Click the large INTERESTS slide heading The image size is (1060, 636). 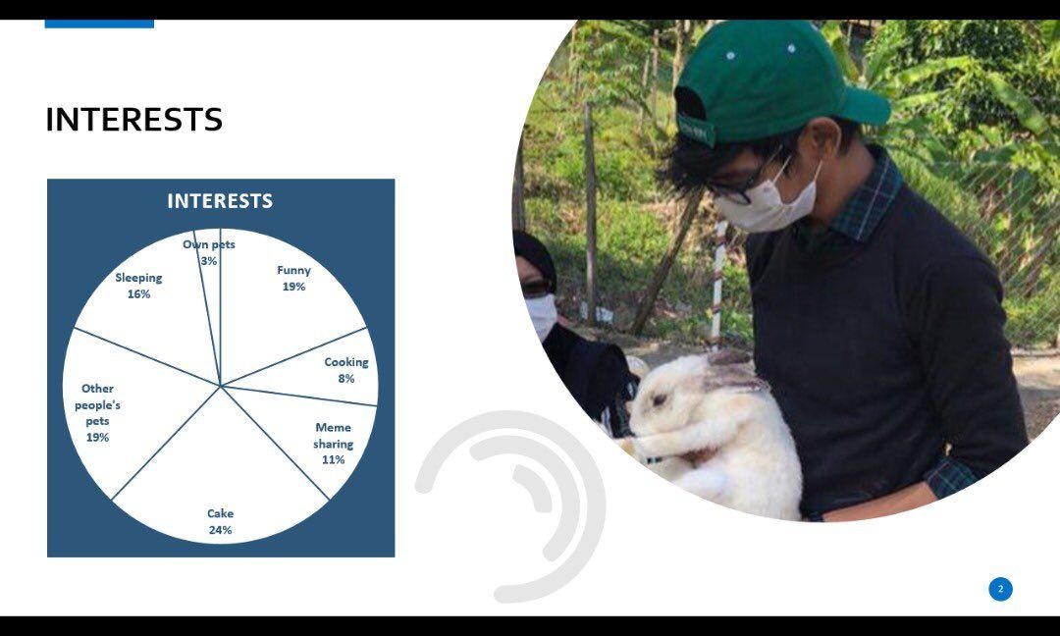133,120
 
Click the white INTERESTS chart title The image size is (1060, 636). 220,201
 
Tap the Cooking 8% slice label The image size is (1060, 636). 346,370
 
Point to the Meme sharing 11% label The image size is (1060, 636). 334,444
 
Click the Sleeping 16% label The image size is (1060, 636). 138,286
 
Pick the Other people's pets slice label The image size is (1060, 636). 97,412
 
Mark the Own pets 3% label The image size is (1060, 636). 209,252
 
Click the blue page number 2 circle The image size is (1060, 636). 1000,589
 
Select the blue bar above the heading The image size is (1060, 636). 99,24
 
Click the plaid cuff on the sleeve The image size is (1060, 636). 950,476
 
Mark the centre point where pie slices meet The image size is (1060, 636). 221,386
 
